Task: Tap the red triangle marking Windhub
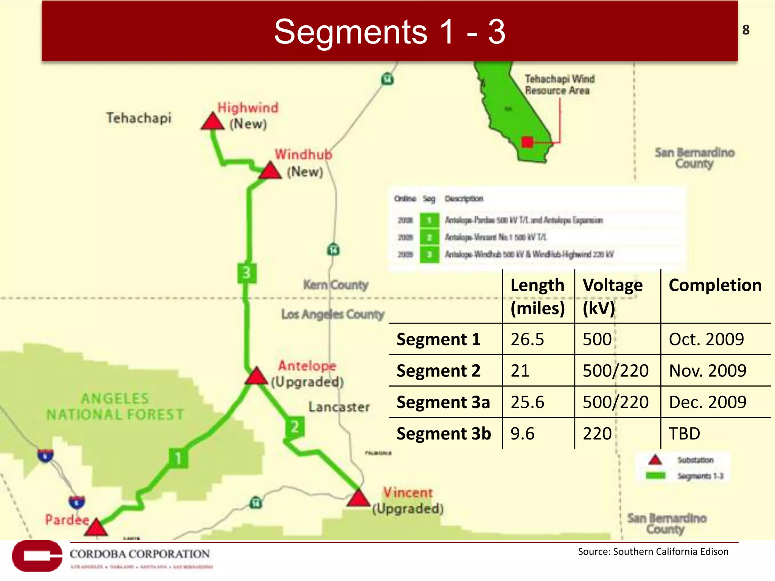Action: tap(270, 171)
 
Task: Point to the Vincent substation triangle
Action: tap(358, 499)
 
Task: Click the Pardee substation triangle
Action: tap(96, 528)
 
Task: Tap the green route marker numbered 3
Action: tap(246, 273)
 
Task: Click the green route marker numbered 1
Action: tap(178, 458)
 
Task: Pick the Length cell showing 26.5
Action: tap(527, 339)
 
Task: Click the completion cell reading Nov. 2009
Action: tap(707, 371)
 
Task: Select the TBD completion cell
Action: tap(684, 433)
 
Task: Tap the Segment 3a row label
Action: tap(443, 402)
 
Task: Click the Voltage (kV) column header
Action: tap(613, 296)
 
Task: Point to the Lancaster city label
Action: tap(339, 407)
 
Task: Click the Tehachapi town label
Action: tap(139, 118)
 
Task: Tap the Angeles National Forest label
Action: tap(115, 407)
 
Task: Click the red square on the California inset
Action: tap(527, 142)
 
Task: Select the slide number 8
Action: tap(746, 30)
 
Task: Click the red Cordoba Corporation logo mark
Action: tap(37, 556)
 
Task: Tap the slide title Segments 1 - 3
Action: tap(389, 32)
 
